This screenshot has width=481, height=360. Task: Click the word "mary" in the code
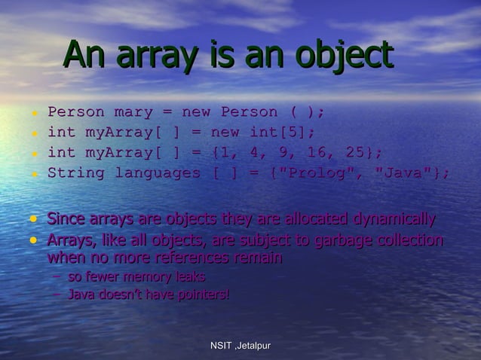(133, 112)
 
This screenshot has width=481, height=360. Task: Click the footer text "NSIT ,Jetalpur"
(240, 346)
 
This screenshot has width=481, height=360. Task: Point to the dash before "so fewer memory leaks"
(57, 277)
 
